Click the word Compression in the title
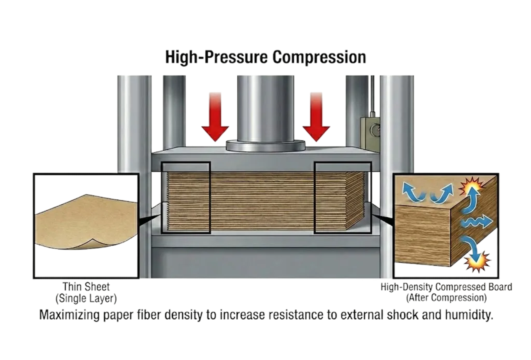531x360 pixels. (319, 57)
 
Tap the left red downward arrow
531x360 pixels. (215, 117)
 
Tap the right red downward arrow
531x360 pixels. (316, 117)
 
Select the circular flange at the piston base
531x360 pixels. (265, 145)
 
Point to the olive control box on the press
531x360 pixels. (370, 134)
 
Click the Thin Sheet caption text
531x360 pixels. (86, 287)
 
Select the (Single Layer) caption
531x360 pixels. (86, 298)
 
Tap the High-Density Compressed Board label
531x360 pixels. (446, 287)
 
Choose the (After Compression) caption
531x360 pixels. (446, 298)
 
